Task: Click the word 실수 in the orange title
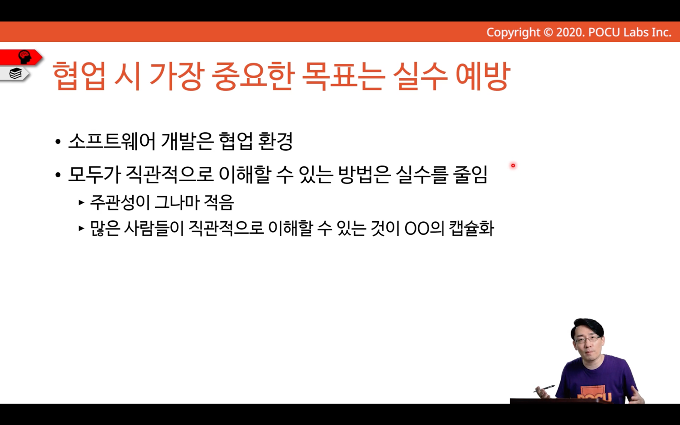[x=420, y=76]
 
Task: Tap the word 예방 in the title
[x=483, y=76]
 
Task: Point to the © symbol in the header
[x=548, y=32]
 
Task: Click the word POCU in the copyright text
[x=604, y=32]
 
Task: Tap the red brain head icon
[x=24, y=57]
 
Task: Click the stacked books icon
[x=15, y=74]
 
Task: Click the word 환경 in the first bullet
[x=275, y=142]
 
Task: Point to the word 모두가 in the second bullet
[x=95, y=175]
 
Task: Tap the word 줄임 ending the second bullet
[x=470, y=175]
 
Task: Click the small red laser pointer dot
[x=513, y=166]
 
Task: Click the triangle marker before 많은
[x=81, y=228]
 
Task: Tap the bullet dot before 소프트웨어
[x=58, y=142]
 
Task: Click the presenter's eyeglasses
[x=588, y=340]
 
